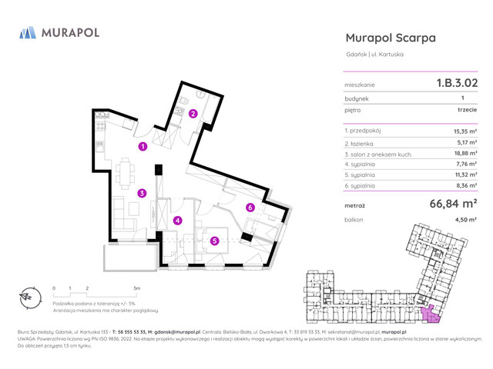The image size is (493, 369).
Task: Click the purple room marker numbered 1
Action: (x=143, y=146)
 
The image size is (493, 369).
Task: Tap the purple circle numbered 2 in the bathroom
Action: (x=193, y=115)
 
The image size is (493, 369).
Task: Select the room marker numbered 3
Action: (x=143, y=193)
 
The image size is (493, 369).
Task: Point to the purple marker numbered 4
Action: (x=177, y=221)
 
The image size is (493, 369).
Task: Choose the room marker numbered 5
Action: (x=215, y=241)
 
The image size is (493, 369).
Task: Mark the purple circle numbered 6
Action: (x=250, y=208)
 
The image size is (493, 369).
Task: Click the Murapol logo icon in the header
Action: (x=28, y=32)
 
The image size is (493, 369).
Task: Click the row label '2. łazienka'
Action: (x=361, y=142)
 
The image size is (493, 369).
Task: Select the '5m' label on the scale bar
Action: (x=136, y=288)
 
